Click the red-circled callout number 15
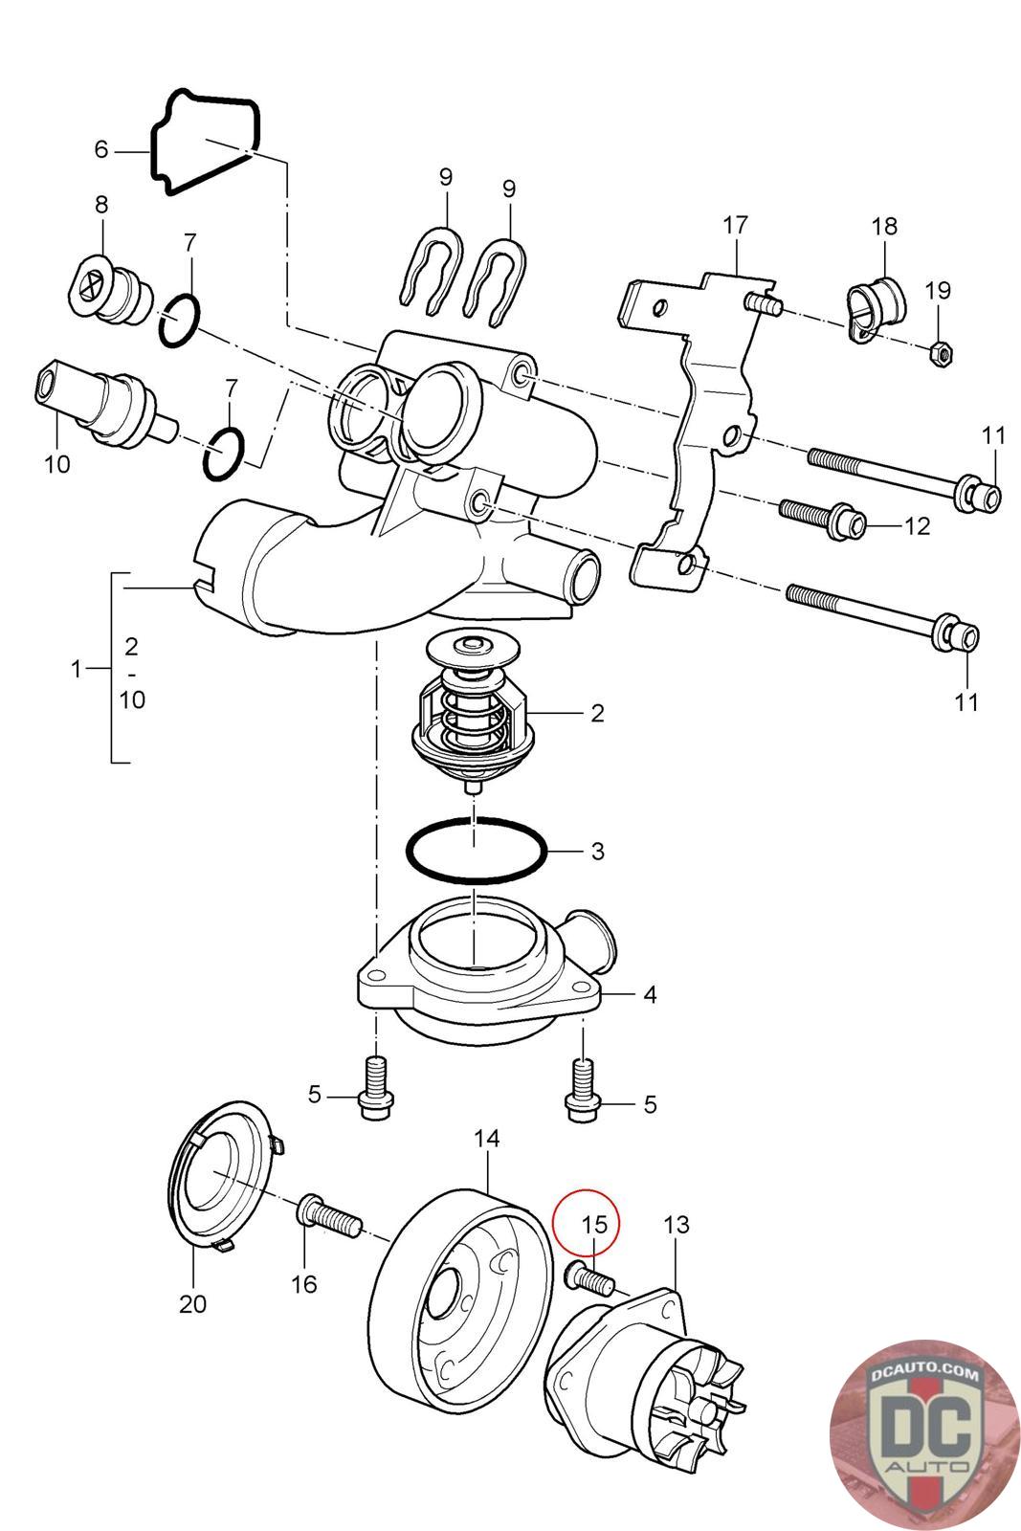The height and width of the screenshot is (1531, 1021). (594, 1224)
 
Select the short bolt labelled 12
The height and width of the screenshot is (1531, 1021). (823, 518)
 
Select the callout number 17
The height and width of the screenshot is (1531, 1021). (735, 226)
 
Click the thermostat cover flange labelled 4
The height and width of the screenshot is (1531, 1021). (478, 1005)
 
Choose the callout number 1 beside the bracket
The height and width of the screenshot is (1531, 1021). (78, 669)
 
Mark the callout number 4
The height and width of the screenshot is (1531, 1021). (650, 994)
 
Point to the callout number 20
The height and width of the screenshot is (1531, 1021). (192, 1303)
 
